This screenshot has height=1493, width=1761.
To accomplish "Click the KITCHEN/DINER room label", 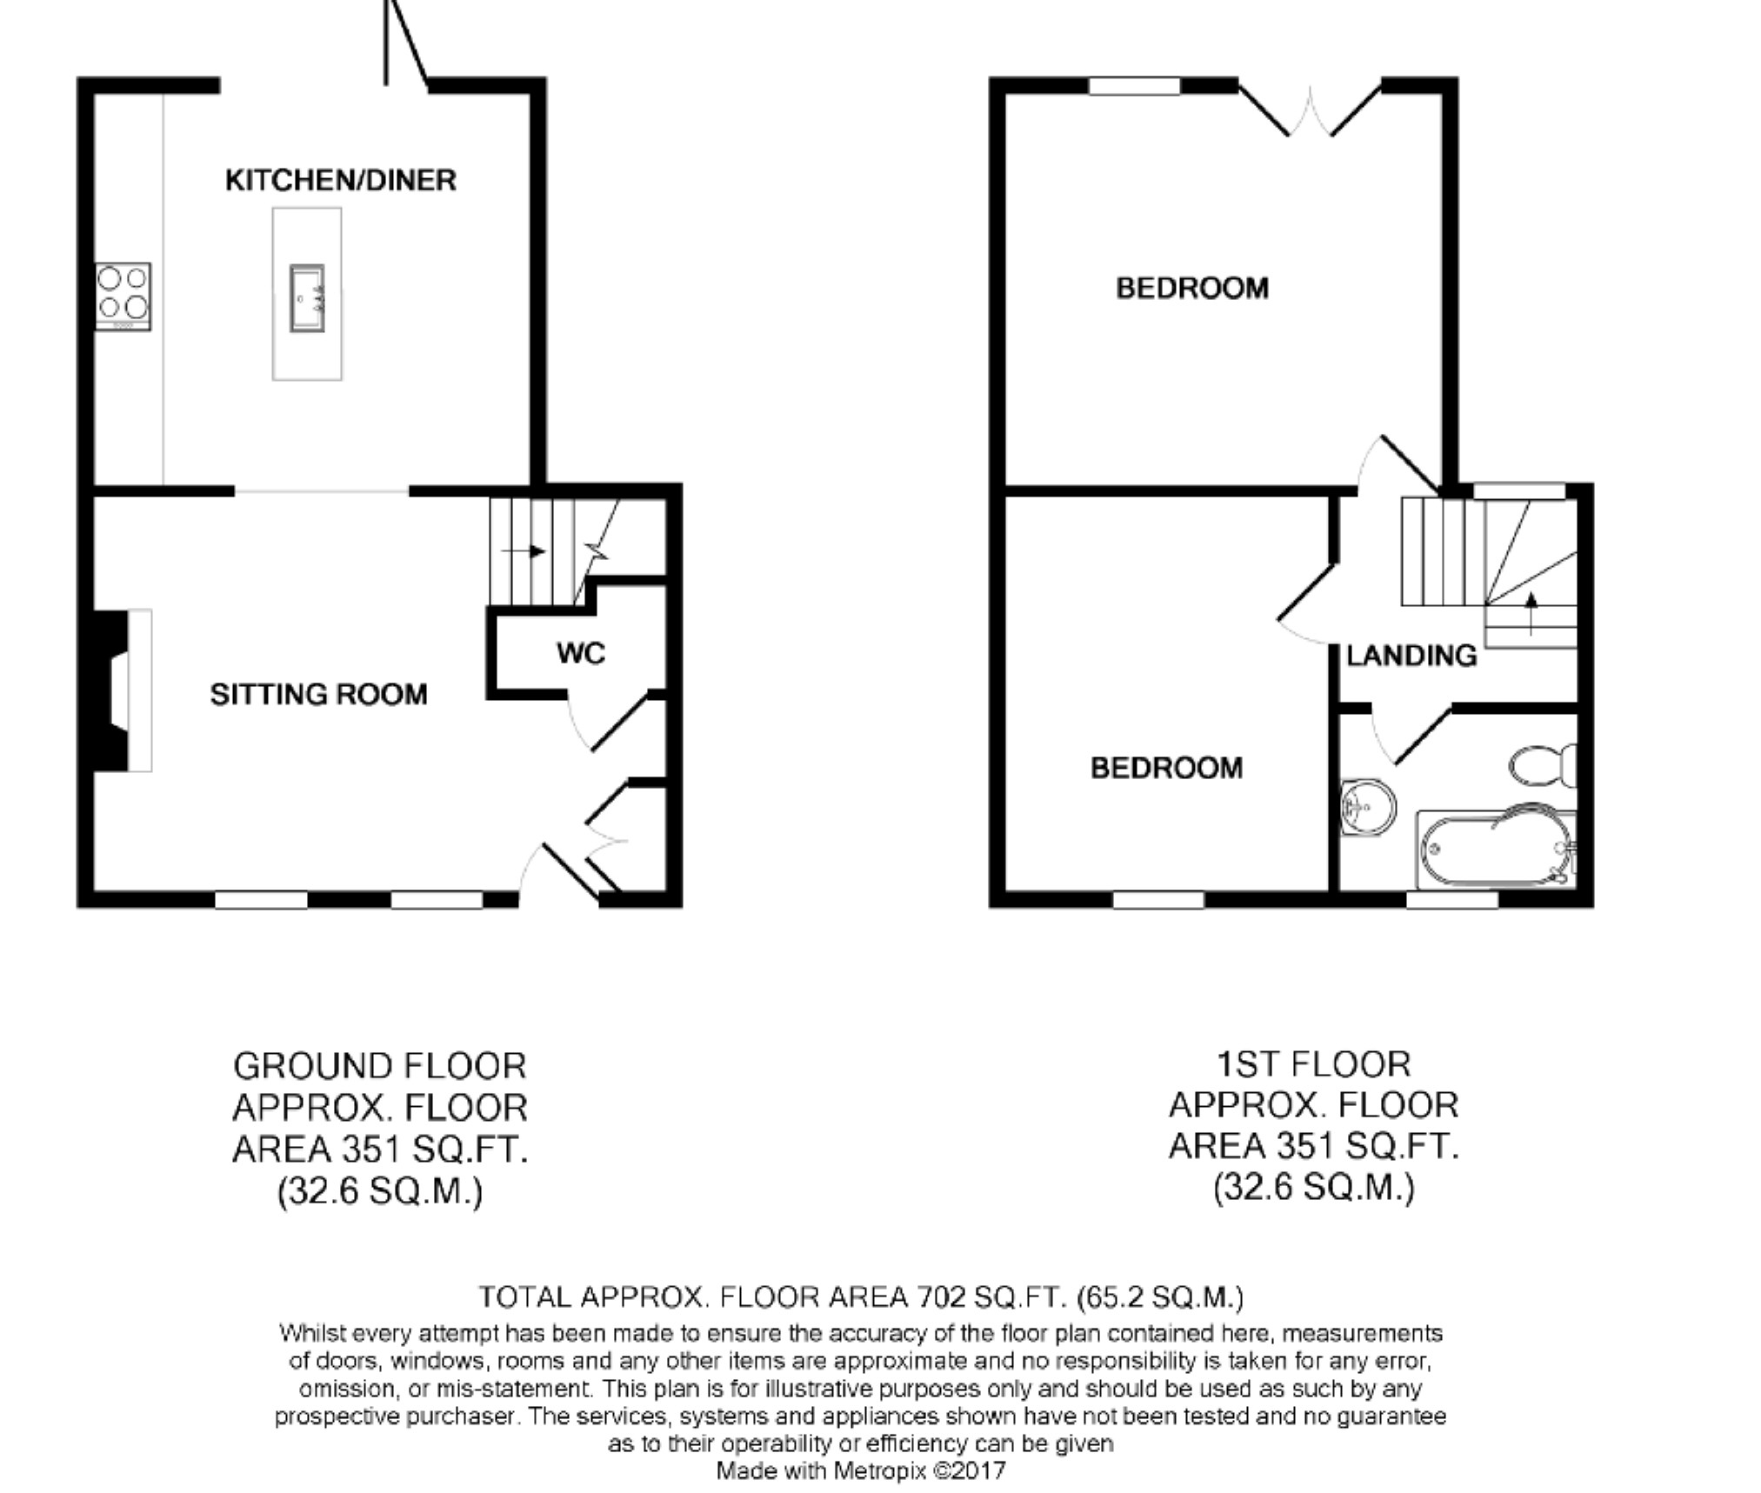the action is point(340,180).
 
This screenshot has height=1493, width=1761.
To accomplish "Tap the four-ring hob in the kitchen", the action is point(123,296).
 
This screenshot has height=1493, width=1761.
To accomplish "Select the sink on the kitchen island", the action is point(307,298).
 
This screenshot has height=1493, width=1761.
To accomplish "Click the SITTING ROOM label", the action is point(318,694).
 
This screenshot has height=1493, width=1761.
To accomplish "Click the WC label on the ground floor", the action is point(581,653).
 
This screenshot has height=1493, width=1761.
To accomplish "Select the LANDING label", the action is point(1411,656).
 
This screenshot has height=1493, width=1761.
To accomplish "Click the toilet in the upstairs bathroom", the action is point(1544,765).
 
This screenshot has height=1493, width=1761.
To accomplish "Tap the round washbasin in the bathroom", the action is point(1366,807).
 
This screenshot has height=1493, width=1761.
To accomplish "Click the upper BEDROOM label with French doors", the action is point(1192,288).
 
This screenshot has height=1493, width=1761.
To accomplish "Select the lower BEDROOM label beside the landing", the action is point(1166,768).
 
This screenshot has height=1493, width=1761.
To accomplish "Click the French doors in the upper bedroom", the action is point(1310,110).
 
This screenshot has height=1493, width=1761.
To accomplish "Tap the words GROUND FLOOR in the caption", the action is point(380,1065).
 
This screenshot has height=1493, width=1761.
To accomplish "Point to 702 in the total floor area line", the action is point(942,1297).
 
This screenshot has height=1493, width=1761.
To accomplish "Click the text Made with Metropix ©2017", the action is point(861,1470).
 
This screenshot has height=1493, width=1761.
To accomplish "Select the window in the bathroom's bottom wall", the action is point(1452,900).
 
